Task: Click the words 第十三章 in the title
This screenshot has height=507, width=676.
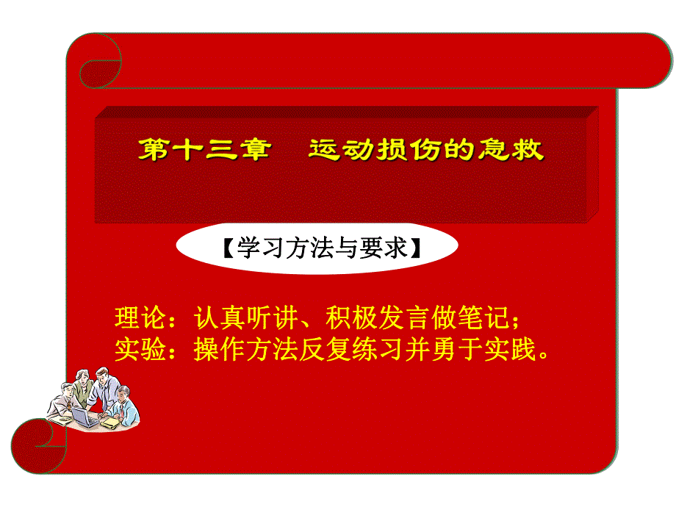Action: (x=206, y=151)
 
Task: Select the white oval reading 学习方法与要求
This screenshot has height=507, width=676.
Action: (x=317, y=248)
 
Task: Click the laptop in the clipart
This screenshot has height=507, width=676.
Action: (x=84, y=417)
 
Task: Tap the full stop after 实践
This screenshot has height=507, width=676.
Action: (x=543, y=354)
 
